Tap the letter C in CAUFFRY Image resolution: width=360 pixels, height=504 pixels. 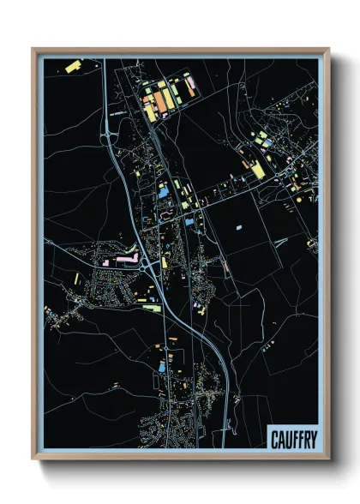274,441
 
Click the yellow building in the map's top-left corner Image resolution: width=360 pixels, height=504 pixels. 71,65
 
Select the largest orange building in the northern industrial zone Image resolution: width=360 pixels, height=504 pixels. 159,100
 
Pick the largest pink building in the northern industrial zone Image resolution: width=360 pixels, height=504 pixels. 190,84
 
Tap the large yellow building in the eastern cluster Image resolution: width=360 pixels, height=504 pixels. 256,171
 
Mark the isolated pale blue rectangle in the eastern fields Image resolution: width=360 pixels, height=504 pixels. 240,228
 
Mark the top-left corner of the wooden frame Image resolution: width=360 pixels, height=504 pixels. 33,49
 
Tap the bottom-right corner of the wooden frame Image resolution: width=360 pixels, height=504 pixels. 328,459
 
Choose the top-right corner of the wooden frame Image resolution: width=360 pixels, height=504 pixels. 328,49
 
